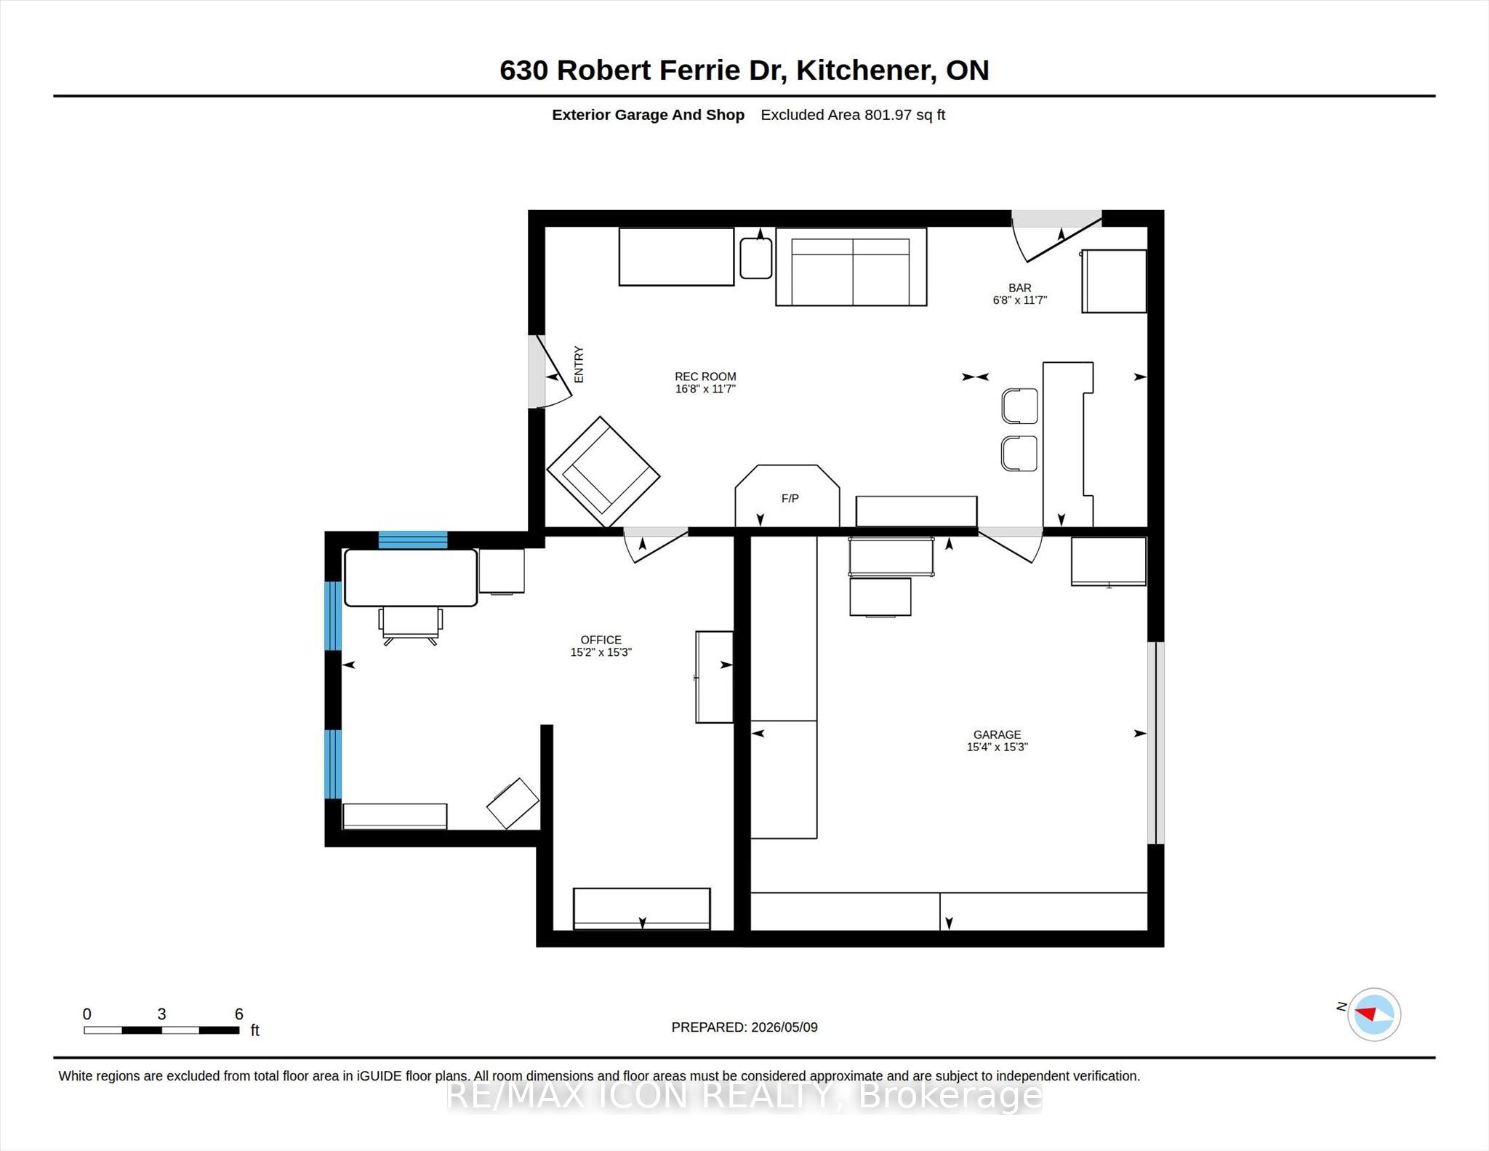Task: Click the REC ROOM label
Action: tap(705, 377)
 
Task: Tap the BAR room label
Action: tap(1019, 288)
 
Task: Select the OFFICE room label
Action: tap(601, 640)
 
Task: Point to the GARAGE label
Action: tap(998, 734)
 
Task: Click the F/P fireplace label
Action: tap(790, 498)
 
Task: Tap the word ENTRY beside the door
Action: tap(579, 364)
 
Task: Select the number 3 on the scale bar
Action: tap(161, 1014)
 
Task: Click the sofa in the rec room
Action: tap(851, 267)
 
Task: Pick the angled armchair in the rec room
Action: tap(603, 472)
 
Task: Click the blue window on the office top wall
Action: tap(413, 540)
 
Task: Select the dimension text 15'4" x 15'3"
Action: tap(998, 747)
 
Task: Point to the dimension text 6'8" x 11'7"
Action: tap(1019, 300)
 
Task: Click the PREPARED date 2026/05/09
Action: tap(784, 1027)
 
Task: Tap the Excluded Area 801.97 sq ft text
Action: tap(853, 115)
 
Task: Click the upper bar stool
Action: tap(1019, 406)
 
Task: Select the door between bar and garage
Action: tap(1011, 545)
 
